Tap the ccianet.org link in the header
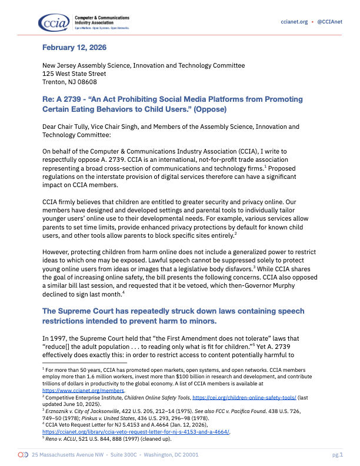[294, 22]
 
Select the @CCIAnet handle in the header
[331, 22]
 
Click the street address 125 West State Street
[74, 74]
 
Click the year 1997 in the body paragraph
[59, 338]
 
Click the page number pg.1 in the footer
[337, 455]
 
